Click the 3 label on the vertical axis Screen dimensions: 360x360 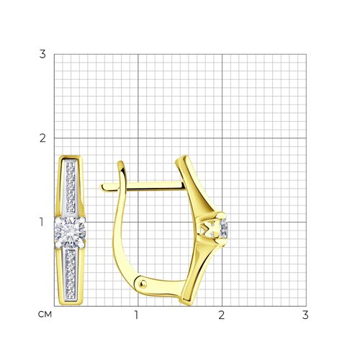tap(42, 54)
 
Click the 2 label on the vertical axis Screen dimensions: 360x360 tap(42, 138)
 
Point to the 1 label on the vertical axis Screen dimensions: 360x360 tap(42, 222)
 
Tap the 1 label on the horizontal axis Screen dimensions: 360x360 tap(136, 315)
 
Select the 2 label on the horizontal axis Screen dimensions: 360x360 tap(221, 315)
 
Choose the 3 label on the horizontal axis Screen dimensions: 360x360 tap(305, 315)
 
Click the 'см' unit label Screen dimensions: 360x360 tap(45, 315)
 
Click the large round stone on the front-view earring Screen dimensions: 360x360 tap(70, 232)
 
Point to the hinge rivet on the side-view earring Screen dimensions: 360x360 tap(143, 284)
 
